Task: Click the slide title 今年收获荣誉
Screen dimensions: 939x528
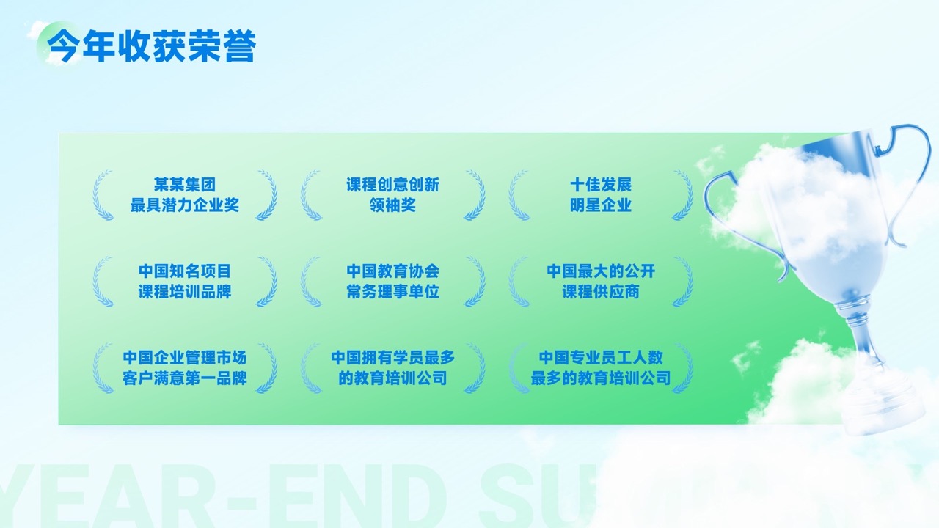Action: (151, 46)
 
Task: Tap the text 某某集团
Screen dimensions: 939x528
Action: (184, 184)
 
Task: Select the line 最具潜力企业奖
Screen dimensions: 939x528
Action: (184, 205)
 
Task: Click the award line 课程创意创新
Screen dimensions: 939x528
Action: (392, 184)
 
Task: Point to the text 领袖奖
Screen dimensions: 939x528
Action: (392, 205)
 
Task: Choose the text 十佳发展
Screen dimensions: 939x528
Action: (601, 184)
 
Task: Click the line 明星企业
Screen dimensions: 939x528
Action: (601, 205)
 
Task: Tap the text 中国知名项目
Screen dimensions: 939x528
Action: (184, 271)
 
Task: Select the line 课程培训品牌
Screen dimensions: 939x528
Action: (184, 292)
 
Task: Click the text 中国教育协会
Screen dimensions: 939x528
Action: (392, 271)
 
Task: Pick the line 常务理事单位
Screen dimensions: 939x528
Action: (392, 292)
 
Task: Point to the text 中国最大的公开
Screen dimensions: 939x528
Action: (601, 271)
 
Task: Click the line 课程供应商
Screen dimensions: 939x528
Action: (601, 292)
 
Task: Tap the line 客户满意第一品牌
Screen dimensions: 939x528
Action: (184, 378)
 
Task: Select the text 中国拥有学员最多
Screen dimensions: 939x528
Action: (392, 358)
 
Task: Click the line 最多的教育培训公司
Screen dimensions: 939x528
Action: (601, 378)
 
